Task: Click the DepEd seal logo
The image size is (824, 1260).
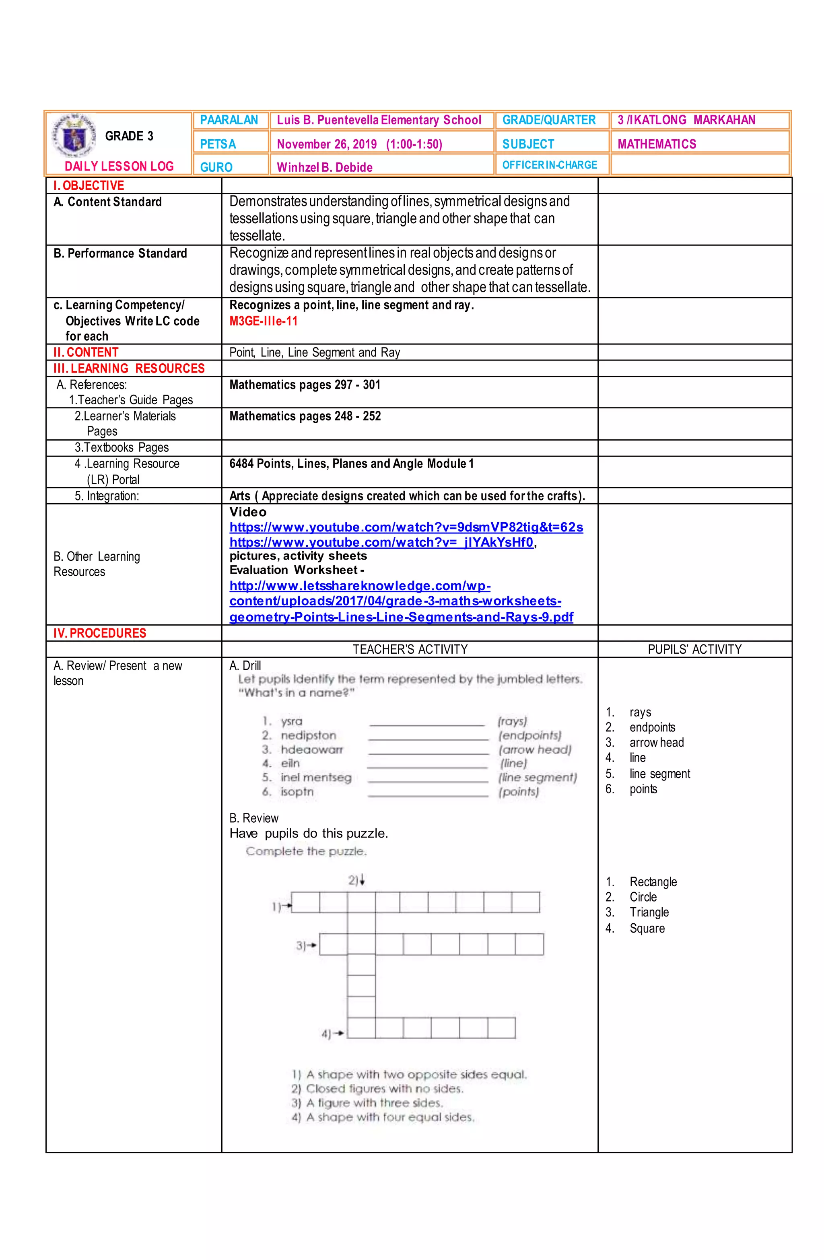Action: (72, 136)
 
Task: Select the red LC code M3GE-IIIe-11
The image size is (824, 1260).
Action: (263, 321)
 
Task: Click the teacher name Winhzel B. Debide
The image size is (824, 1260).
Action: (325, 168)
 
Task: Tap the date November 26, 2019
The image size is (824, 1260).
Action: (327, 144)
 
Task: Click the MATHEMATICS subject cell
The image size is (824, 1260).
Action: (657, 144)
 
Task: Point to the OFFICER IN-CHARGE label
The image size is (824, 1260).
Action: (549, 165)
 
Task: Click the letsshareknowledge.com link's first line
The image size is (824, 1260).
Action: (360, 586)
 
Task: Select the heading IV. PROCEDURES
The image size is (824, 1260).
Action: (99, 633)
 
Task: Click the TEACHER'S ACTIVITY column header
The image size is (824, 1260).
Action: (410, 650)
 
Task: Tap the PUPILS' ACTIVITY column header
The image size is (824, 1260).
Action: (694, 650)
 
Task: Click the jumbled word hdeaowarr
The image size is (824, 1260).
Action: (312, 749)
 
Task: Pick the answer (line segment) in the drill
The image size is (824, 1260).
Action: (538, 777)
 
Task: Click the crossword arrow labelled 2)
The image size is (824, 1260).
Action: (356, 880)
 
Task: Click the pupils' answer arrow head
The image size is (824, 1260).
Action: (656, 743)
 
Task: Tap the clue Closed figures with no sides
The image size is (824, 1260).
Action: (377, 1089)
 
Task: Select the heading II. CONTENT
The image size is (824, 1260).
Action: (86, 352)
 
